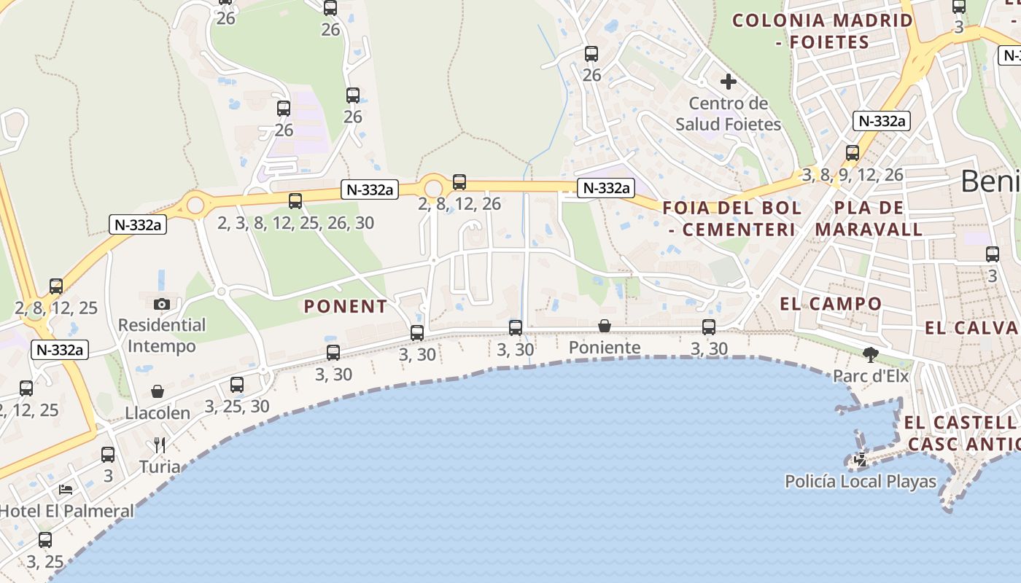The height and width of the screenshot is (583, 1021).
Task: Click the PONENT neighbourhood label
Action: pyautogui.click(x=346, y=307)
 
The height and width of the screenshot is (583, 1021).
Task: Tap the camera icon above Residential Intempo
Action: pyautogui.click(x=162, y=304)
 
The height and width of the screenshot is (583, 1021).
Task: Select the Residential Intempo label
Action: pyautogui.click(x=162, y=335)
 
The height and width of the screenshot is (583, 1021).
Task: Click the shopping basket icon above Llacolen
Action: pyautogui.click(x=158, y=392)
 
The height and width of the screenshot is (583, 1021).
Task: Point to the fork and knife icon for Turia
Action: pyautogui.click(x=160, y=445)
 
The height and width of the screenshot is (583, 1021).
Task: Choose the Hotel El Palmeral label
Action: pyautogui.click(x=66, y=511)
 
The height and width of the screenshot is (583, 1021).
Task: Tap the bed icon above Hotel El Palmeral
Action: pyautogui.click(x=66, y=490)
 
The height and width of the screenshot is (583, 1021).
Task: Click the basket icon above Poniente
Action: pyautogui.click(x=605, y=326)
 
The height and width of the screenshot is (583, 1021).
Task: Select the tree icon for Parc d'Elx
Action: pyautogui.click(x=870, y=355)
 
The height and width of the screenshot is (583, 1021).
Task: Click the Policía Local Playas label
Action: pyautogui.click(x=861, y=482)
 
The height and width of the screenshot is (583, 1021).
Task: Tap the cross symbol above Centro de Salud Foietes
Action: pyautogui.click(x=728, y=82)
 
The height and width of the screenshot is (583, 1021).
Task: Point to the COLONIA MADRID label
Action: pyautogui.click(x=823, y=20)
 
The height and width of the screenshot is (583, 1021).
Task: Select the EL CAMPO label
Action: pyautogui.click(x=831, y=304)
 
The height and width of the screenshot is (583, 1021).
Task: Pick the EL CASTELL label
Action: pyautogui.click(x=959, y=423)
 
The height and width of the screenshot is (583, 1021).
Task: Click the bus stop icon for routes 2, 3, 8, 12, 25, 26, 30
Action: pyautogui.click(x=295, y=201)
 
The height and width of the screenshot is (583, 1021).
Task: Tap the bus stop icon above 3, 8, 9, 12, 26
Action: pyautogui.click(x=853, y=153)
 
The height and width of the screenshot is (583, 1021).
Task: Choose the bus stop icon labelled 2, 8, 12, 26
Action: pyautogui.click(x=459, y=182)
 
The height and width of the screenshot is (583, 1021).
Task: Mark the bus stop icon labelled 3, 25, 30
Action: pyautogui.click(x=237, y=385)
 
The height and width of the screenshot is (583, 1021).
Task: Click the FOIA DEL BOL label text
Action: pyautogui.click(x=731, y=208)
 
